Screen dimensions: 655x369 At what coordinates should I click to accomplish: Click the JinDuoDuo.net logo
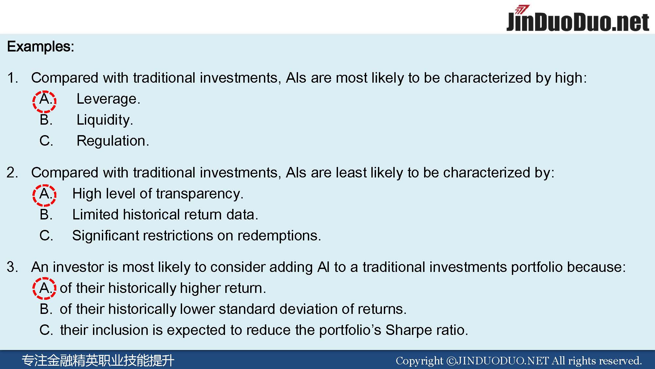(x=578, y=19)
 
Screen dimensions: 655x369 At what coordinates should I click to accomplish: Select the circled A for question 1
(x=45, y=102)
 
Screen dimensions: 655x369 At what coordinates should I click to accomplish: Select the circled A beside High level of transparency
(x=45, y=195)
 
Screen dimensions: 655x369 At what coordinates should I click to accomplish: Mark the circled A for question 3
(x=45, y=288)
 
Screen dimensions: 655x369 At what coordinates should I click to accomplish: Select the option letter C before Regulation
(x=46, y=141)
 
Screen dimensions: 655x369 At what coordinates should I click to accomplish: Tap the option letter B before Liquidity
(x=46, y=120)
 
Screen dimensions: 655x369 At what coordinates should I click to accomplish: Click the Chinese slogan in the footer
(x=98, y=360)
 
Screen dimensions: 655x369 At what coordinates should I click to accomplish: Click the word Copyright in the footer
(x=419, y=361)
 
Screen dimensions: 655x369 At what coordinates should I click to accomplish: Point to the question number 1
(x=12, y=78)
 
